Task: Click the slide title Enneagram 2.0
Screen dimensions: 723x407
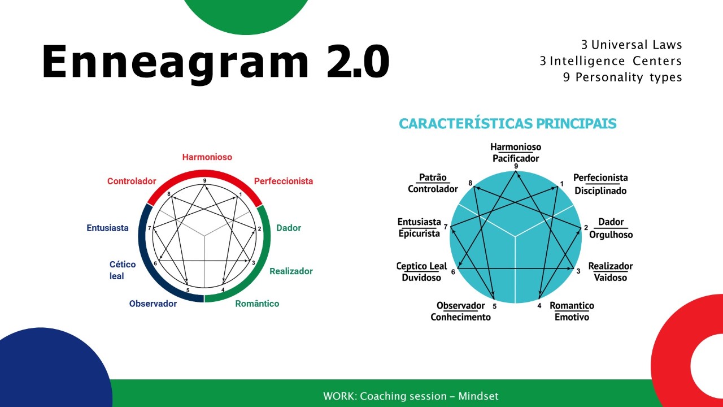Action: [x=216, y=62]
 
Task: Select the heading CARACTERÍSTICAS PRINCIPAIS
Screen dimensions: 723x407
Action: [x=508, y=124]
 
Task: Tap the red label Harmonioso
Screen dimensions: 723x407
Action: [x=207, y=157]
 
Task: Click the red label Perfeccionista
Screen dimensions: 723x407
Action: [x=284, y=181]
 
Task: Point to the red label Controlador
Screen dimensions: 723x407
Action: [x=132, y=181]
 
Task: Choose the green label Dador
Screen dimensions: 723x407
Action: [x=289, y=228]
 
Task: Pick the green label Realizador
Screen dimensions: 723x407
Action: [x=291, y=271]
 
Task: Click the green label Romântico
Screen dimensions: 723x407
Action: [x=257, y=304]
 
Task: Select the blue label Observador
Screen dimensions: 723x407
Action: [x=153, y=304]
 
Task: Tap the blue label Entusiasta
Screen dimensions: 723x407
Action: [x=107, y=228]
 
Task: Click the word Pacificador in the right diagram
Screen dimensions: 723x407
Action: [x=516, y=159]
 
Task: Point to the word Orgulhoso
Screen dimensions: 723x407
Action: [x=611, y=235]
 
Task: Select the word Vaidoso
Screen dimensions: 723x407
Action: [x=611, y=278]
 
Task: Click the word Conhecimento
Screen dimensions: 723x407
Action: [x=460, y=317]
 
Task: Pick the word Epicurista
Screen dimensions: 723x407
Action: [x=419, y=233]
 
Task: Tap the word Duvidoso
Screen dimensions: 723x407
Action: [x=421, y=278]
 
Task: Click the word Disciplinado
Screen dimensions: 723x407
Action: [x=600, y=191]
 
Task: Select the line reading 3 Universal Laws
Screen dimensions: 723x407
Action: [x=631, y=45]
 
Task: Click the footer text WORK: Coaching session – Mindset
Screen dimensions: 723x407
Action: [x=411, y=396]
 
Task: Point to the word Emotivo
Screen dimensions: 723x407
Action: [x=572, y=317]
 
